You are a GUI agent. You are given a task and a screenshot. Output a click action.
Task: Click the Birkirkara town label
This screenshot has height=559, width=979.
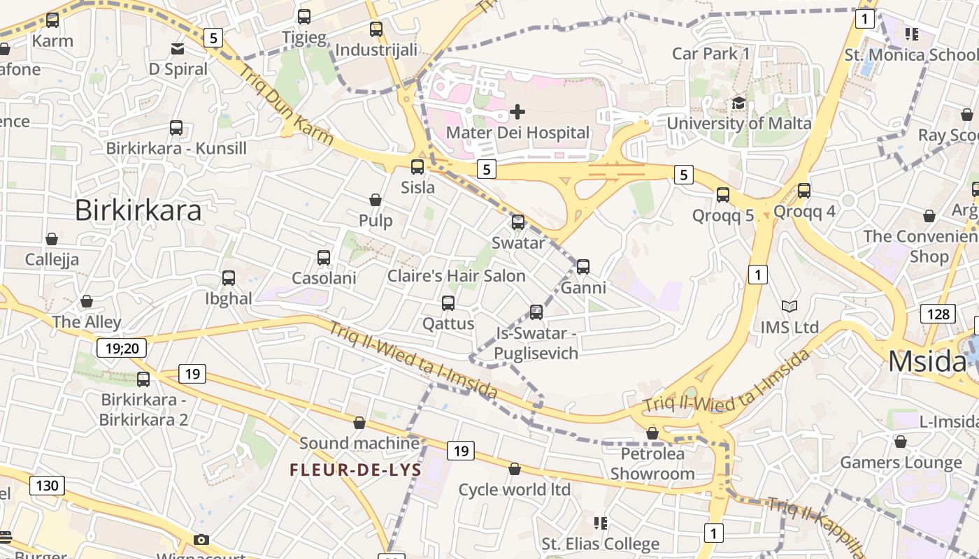tap(138, 210)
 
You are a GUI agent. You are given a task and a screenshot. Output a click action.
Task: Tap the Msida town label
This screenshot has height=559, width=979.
tap(927, 361)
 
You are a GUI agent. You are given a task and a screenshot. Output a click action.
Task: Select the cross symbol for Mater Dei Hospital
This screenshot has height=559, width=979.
tap(517, 111)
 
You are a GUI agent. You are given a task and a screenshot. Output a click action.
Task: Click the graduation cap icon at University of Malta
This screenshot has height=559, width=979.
tap(738, 103)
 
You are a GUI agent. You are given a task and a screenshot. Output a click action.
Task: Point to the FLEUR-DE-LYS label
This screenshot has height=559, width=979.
tap(356, 470)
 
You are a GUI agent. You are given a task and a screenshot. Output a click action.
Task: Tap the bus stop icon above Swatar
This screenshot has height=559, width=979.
tap(518, 222)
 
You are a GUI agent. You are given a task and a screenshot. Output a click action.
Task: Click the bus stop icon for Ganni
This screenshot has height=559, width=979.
tap(583, 266)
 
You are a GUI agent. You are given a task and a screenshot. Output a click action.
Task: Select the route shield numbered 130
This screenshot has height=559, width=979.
tap(48, 486)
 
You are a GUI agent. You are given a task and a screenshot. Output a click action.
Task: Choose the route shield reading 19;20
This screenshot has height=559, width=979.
tap(122, 347)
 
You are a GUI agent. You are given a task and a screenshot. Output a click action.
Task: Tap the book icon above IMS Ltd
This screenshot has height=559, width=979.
tap(789, 306)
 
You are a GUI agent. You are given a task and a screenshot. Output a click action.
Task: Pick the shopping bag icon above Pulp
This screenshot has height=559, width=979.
tap(376, 200)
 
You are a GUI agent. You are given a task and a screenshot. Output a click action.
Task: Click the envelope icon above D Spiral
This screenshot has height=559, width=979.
tap(178, 48)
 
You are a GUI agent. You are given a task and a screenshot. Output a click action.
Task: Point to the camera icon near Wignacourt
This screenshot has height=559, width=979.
tap(201, 539)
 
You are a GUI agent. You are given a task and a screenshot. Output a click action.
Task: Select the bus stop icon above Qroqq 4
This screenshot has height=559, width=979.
tap(804, 190)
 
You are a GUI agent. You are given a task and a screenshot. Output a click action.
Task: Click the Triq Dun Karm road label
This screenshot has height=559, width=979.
tap(286, 105)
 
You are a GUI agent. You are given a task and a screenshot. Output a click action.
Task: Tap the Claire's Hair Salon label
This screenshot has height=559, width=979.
tap(457, 276)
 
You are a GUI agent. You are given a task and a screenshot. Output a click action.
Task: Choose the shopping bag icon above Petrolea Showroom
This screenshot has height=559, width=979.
tap(652, 433)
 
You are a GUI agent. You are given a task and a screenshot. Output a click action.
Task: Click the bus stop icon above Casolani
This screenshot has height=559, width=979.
tap(324, 257)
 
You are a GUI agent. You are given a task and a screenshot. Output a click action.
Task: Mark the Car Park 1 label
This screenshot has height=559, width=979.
tap(710, 53)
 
